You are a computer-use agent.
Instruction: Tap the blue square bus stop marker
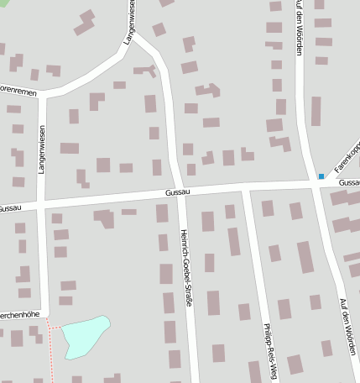click(321, 176)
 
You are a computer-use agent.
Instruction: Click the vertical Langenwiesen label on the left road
click(41, 149)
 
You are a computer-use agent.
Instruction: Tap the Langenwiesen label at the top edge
click(129, 22)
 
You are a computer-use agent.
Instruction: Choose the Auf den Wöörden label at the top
click(299, 27)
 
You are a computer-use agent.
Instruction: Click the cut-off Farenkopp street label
click(347, 157)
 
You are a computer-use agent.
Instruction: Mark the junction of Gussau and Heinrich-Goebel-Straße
click(181, 192)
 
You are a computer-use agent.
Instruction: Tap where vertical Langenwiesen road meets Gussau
click(42, 203)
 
